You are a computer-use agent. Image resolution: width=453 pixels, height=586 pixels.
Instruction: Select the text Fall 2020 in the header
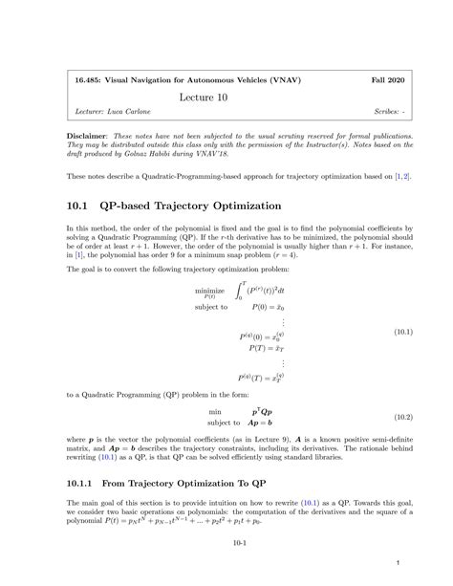pyautogui.click(x=388, y=79)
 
